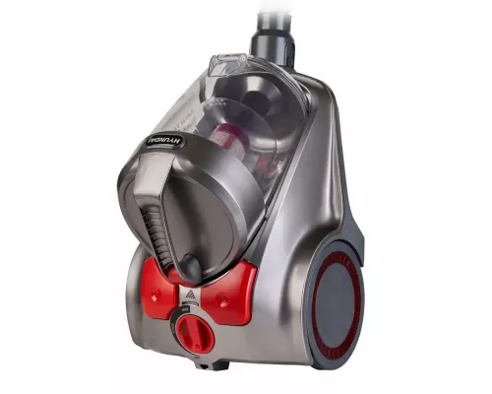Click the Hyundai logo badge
(165, 142)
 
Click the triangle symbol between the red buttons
(191, 295)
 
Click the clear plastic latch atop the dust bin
(228, 65)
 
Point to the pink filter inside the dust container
(229, 140)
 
